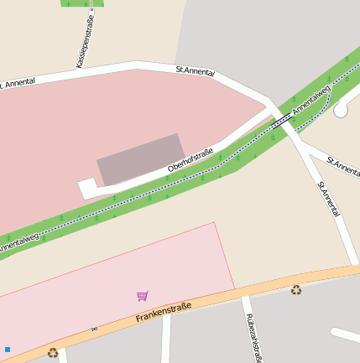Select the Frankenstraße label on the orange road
point(164,313)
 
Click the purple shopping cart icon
point(143,296)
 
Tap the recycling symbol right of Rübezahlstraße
point(296,290)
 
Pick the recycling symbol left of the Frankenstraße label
point(53,353)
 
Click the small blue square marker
point(8,349)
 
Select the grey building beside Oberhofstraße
point(141,158)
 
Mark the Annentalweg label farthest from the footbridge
point(18,244)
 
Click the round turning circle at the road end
point(342,109)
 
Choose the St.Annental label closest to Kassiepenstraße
point(196,72)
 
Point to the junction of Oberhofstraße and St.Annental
point(271,108)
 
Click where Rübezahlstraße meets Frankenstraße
point(243,298)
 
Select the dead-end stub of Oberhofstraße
point(84,189)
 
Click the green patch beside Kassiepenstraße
point(82,3)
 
